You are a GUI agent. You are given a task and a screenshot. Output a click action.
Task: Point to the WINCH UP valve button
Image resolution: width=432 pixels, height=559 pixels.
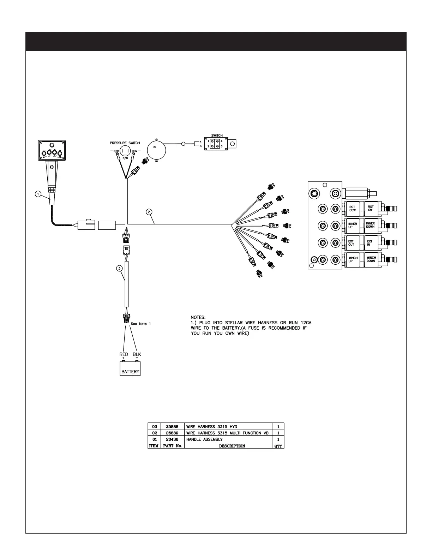[353, 260]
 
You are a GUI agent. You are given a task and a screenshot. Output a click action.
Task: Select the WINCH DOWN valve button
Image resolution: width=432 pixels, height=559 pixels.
[371, 260]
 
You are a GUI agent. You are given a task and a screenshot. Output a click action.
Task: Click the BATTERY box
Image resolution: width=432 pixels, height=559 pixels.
[130, 369]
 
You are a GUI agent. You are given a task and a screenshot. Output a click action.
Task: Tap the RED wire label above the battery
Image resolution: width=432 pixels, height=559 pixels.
[124, 354]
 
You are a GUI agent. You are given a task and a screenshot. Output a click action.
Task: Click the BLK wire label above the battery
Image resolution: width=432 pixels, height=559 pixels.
[137, 354]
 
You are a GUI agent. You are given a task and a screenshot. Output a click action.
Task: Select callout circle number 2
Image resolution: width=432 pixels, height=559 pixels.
[149, 212]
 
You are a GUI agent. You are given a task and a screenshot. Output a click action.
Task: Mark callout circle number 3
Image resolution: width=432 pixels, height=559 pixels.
[120, 268]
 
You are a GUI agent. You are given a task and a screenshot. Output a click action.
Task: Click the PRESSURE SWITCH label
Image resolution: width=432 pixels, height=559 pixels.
[125, 143]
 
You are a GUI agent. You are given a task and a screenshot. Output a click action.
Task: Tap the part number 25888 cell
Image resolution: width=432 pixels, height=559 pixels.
[172, 427]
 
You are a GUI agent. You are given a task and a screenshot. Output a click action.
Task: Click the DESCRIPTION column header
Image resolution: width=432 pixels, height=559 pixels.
[232, 446]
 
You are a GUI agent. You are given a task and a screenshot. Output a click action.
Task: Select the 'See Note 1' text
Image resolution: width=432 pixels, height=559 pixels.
[141, 324]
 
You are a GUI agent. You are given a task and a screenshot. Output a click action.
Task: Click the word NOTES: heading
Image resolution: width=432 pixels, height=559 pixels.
[198, 318]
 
